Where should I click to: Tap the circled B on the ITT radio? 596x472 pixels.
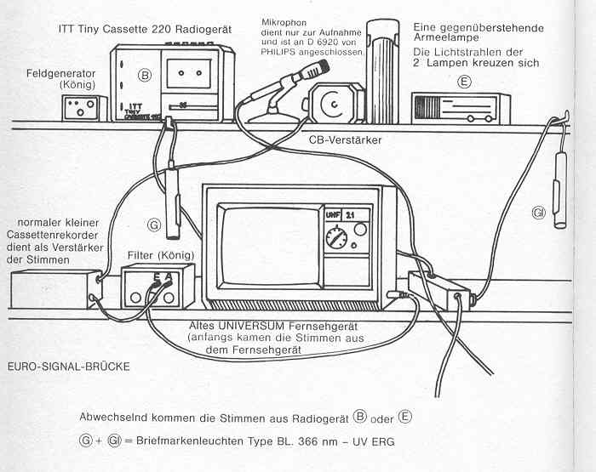[145, 75]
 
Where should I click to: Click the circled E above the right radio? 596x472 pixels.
[464, 82]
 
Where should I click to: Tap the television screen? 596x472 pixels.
[267, 247]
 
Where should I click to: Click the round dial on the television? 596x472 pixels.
[341, 237]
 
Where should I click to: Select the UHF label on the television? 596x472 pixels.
[334, 216]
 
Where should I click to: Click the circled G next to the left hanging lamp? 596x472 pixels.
[154, 225]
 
